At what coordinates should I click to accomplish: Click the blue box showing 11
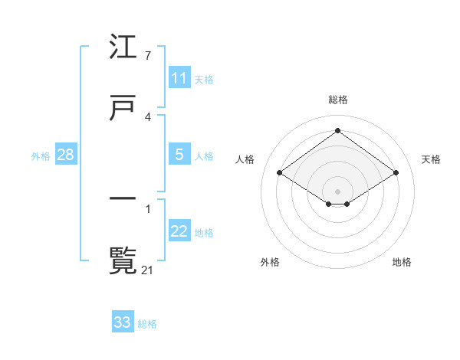pos(179,78)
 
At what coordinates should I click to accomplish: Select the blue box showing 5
pos(179,155)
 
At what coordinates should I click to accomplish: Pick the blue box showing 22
pos(179,231)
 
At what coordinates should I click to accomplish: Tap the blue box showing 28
pos(66,155)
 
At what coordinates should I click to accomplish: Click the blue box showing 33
pos(123,322)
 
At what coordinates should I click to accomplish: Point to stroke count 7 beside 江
pos(147,56)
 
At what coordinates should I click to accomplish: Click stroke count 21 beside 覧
pos(149,269)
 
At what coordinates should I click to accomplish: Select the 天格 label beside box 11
pos(204,79)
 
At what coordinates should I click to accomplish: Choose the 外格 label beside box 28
pos(41,155)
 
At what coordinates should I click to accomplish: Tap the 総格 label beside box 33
pos(147,323)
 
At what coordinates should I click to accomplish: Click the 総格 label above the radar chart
pos(337,100)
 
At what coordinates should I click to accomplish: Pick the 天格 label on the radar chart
pos(431,159)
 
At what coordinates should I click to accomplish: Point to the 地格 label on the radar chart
pos(402,262)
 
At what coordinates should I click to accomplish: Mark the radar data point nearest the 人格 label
pos(280,173)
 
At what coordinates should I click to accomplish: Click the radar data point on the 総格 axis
pos(337,131)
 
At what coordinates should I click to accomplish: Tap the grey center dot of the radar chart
pos(337,191)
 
